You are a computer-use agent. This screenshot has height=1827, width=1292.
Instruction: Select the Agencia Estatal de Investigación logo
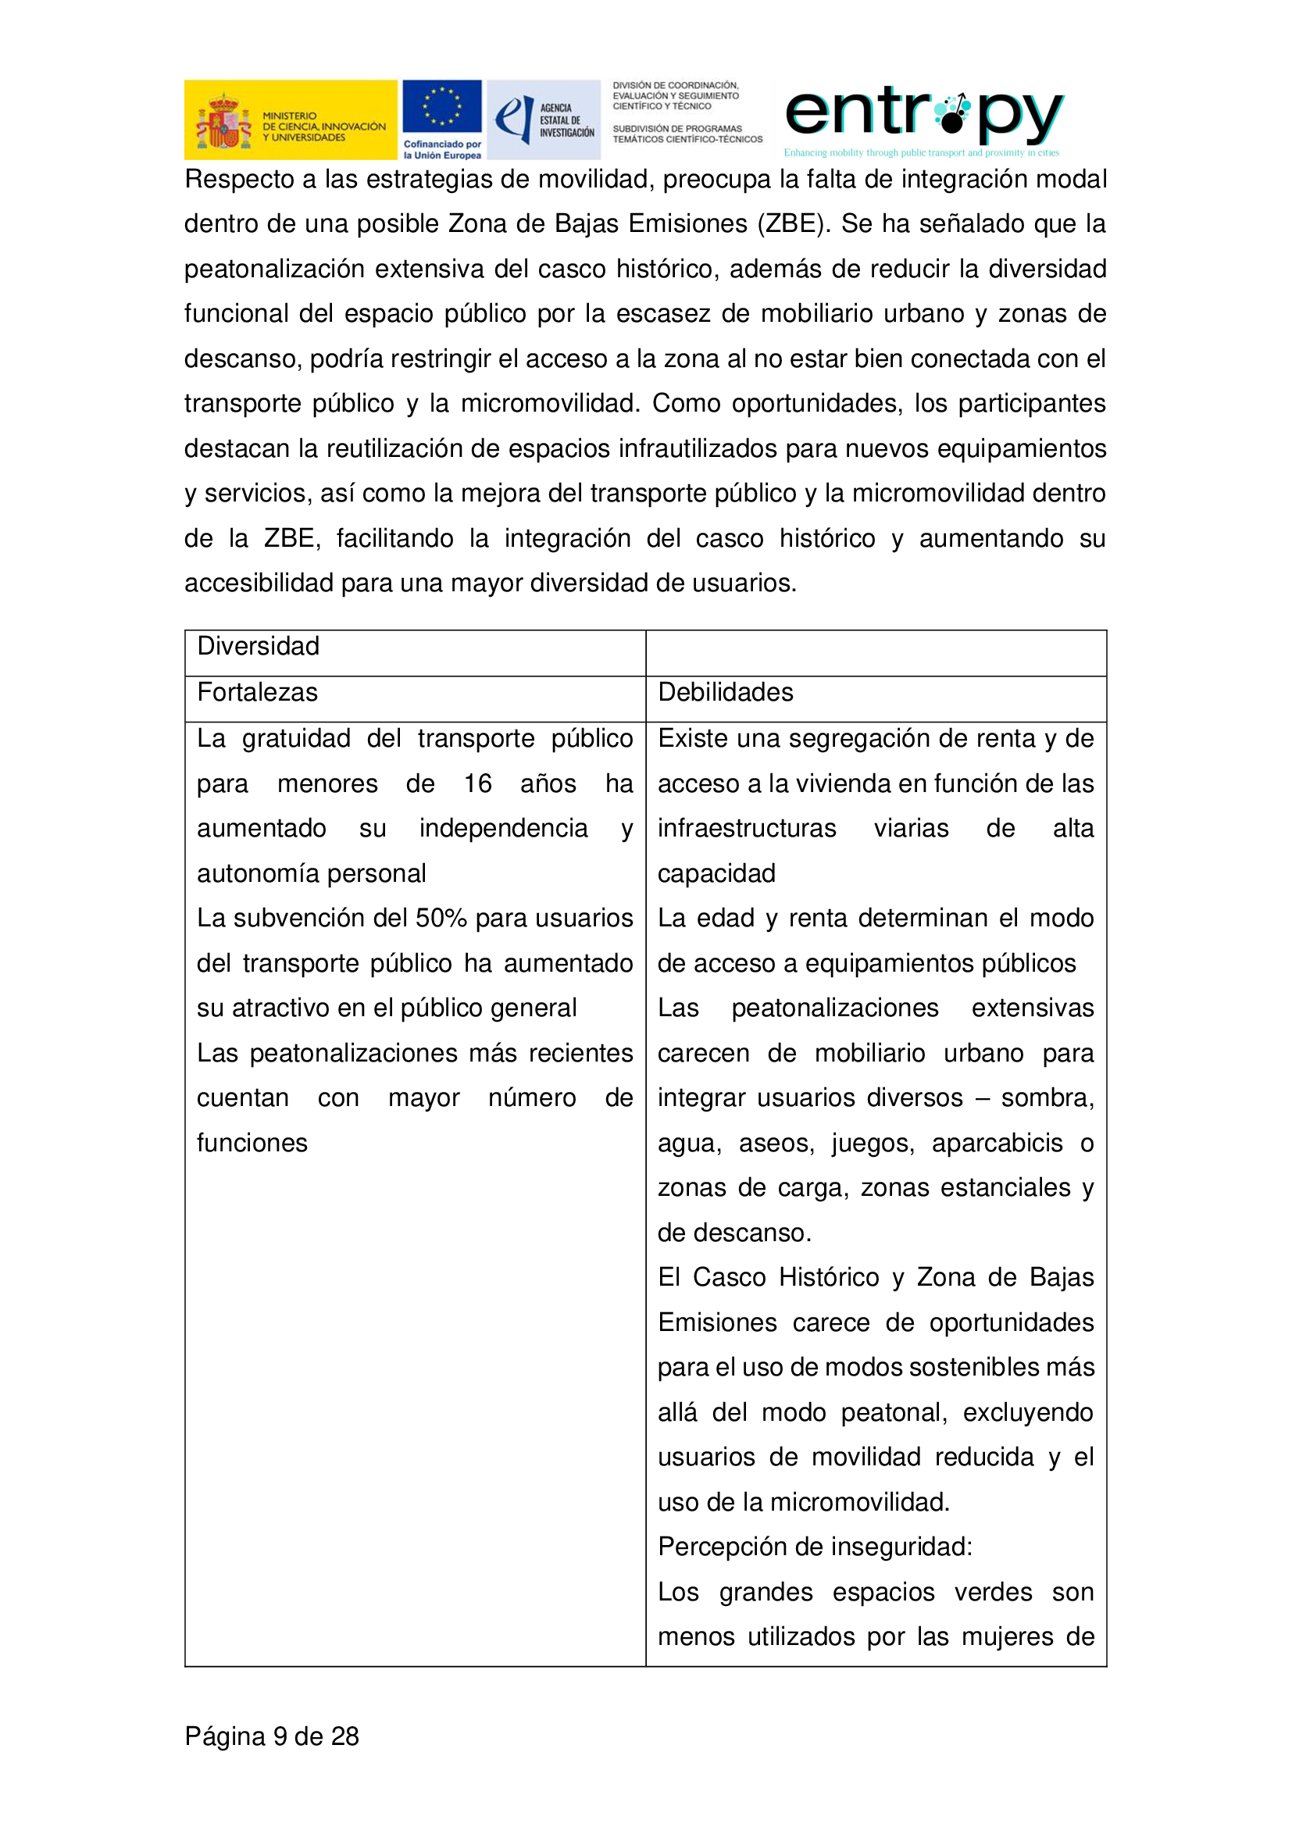544,120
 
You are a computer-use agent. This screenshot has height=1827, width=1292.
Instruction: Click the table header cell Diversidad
258,646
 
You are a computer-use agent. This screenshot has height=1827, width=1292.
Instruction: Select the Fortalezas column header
257,692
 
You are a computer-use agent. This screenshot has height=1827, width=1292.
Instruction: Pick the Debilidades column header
725,692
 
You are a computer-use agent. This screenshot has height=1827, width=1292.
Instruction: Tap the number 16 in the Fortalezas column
477,783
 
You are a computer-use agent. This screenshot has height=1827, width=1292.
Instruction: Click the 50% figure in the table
441,919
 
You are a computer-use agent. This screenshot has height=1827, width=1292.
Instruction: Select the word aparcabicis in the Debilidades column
997,1144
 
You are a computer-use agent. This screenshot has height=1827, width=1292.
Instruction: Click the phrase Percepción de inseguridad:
815,1547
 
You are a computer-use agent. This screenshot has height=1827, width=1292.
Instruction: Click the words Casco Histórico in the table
785,1277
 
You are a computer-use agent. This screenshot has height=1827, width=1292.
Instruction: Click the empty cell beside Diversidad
875,652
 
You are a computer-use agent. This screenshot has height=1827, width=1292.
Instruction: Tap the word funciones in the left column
252,1144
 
